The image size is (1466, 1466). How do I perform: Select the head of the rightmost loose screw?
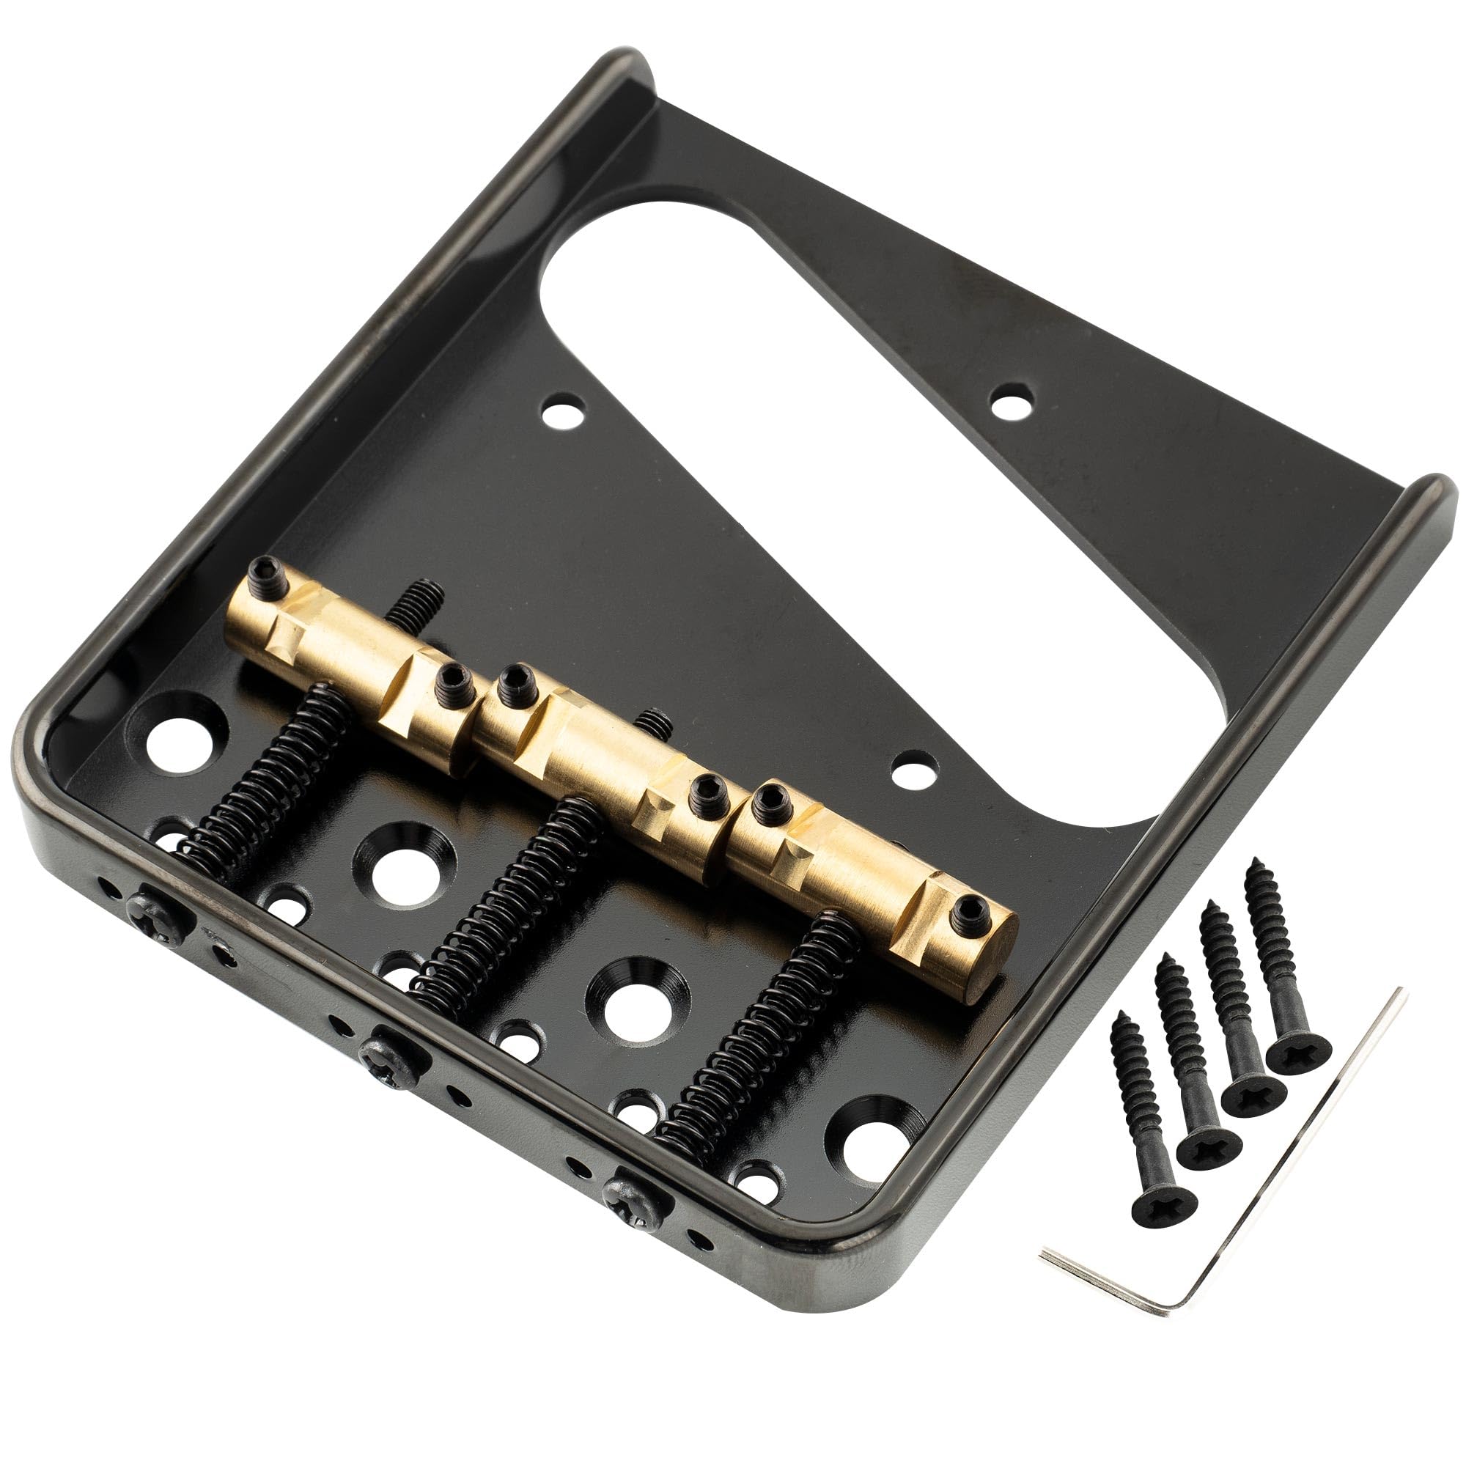point(1298,1050)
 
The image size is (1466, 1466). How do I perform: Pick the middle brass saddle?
point(600,751)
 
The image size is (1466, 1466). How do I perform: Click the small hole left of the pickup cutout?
point(562,413)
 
